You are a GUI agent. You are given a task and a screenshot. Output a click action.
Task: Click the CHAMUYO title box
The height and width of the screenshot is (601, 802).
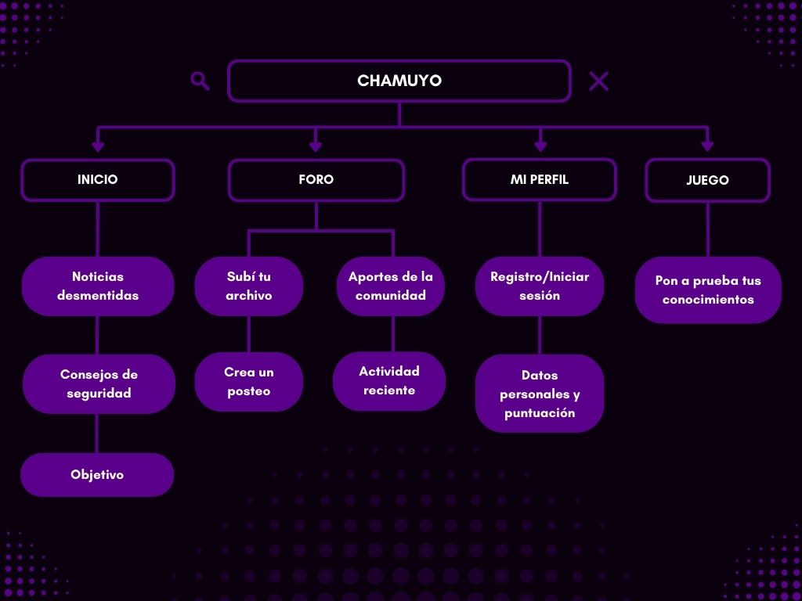click(x=399, y=81)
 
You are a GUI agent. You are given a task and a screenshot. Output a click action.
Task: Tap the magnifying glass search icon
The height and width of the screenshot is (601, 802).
click(x=200, y=81)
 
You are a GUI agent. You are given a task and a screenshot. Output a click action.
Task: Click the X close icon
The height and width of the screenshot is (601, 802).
click(x=598, y=81)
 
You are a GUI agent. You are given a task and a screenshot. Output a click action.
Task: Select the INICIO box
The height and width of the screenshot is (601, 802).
click(x=98, y=180)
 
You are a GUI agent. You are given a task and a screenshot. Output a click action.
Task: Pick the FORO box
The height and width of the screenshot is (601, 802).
click(x=316, y=180)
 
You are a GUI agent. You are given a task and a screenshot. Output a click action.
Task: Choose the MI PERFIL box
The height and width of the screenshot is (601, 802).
click(x=540, y=180)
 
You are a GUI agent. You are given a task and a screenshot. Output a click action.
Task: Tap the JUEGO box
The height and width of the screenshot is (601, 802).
click(x=707, y=181)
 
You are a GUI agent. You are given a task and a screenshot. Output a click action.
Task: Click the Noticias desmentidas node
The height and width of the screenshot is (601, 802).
click(x=98, y=286)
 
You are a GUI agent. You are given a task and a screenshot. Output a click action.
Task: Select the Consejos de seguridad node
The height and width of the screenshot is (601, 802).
click(x=99, y=384)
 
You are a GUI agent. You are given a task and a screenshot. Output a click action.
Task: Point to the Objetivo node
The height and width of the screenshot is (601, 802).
click(x=97, y=475)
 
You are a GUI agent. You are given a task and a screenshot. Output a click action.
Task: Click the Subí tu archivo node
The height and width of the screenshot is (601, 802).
click(x=249, y=286)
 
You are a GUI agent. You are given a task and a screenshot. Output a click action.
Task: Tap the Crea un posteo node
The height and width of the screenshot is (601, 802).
click(x=249, y=382)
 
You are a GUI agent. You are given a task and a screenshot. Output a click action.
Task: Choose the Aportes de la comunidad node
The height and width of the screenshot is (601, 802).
click(x=391, y=286)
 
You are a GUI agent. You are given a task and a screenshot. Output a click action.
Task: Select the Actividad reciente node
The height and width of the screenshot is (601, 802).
click(x=389, y=381)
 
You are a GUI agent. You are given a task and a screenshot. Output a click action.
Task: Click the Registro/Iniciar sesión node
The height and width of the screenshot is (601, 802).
click(x=540, y=286)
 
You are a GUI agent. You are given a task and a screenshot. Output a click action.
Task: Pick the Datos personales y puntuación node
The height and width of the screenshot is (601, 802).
click(x=540, y=394)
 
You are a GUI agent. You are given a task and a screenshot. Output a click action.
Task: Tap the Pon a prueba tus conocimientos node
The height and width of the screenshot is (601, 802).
click(x=708, y=290)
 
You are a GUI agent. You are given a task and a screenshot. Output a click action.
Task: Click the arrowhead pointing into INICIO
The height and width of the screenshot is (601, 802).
click(x=98, y=146)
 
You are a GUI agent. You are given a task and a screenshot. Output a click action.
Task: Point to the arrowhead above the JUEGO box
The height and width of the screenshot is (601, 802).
click(x=707, y=146)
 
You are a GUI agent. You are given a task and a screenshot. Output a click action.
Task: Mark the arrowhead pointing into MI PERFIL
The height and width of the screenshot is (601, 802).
click(x=540, y=146)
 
